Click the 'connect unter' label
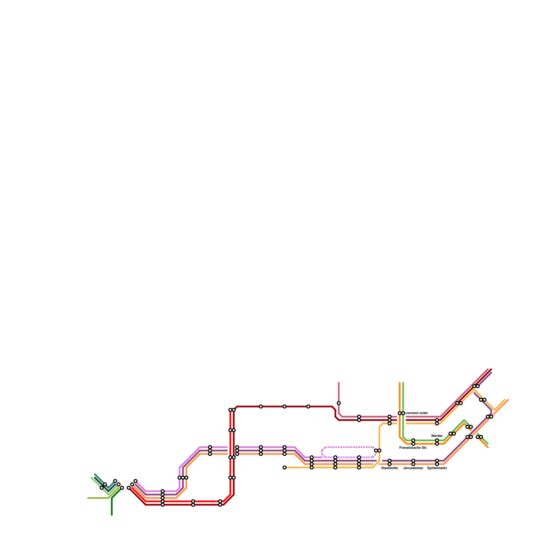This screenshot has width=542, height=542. tap(417, 413)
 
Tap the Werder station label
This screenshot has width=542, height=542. tap(437, 436)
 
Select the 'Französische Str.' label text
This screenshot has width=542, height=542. tap(413, 448)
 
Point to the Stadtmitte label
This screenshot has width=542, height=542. tap(390, 468)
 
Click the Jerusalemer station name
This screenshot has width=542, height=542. tap(413, 468)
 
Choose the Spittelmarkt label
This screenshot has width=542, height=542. tap(437, 468)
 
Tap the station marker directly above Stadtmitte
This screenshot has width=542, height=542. tap(390, 462)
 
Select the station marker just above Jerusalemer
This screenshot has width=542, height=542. tap(413, 462)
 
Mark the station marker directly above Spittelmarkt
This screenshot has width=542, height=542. tap(437, 462)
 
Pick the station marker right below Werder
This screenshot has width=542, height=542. tap(437, 442)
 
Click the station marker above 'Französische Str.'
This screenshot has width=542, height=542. tap(413, 442)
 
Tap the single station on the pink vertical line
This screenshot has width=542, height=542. tap(339, 403)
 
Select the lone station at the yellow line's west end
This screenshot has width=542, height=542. tap(285, 467)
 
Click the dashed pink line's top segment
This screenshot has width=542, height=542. tap(349, 447)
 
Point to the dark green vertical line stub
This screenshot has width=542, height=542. tap(112, 506)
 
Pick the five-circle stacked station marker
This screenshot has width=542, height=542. tap(163, 498)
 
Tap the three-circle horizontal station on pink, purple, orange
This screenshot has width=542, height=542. tap(183, 478)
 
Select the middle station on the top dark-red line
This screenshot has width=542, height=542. tap(285, 406)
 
